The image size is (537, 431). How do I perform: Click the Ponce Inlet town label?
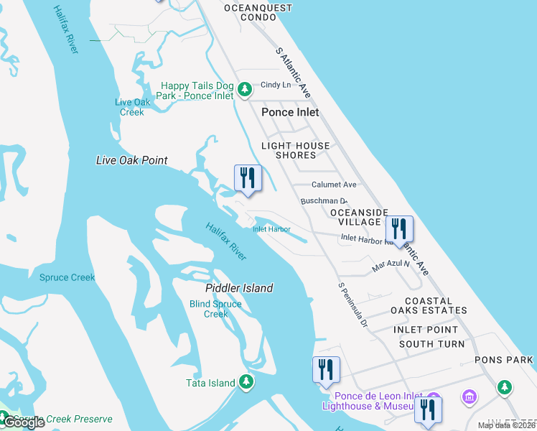pyautogui.click(x=289, y=113)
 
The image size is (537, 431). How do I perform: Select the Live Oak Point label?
pyautogui.click(x=131, y=160)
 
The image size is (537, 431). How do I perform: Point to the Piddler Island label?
pyautogui.click(x=239, y=288)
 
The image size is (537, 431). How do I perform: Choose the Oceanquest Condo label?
pyautogui.click(x=258, y=13)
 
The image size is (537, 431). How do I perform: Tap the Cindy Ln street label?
pyautogui.click(x=276, y=85)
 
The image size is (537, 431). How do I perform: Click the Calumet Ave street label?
pyautogui.click(x=334, y=185)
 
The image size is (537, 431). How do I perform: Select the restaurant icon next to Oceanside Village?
pyautogui.click(x=399, y=229)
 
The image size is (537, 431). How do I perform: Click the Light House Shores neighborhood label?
pyautogui.click(x=295, y=150)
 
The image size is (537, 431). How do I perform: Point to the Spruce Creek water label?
pyautogui.click(x=67, y=277)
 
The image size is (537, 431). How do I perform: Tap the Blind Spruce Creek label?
pyautogui.click(x=215, y=309)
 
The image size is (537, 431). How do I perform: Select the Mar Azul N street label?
pyautogui.click(x=391, y=266)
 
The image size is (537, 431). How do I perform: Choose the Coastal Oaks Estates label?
pyautogui.click(x=429, y=306)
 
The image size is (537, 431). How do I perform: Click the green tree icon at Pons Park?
pyautogui.click(x=505, y=388)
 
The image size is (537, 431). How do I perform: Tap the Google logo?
pyautogui.click(x=23, y=422)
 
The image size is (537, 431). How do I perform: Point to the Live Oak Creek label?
pyautogui.click(x=133, y=107)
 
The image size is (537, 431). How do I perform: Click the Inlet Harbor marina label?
pyautogui.click(x=271, y=229)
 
